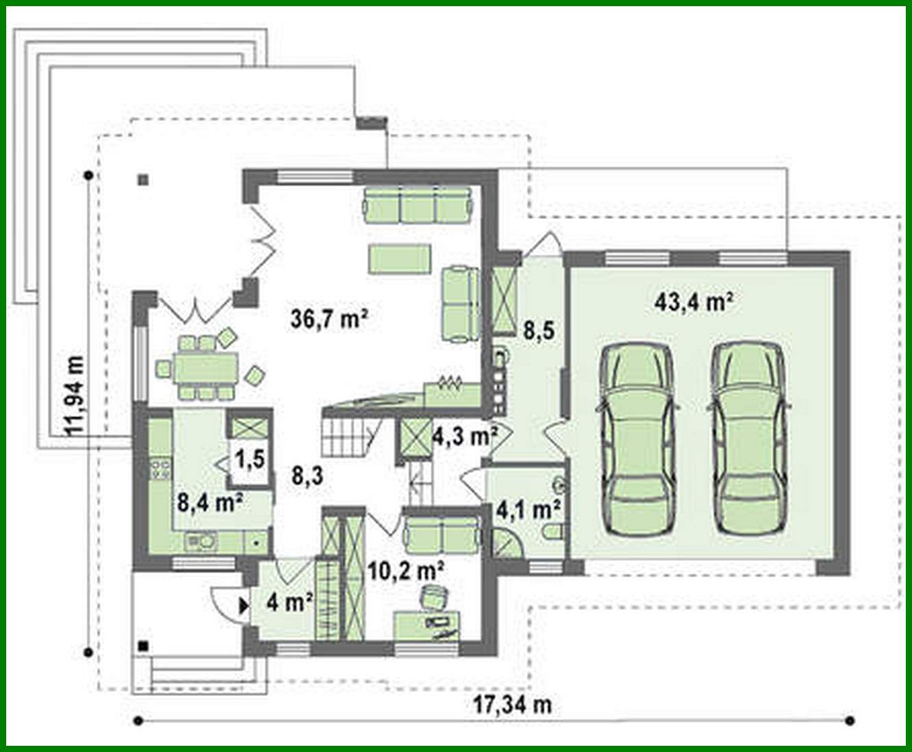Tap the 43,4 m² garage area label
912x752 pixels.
(x=694, y=302)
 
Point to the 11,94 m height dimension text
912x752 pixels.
(x=73, y=395)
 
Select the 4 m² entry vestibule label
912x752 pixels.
(x=290, y=603)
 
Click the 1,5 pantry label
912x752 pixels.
(x=250, y=459)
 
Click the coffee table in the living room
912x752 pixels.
(x=400, y=259)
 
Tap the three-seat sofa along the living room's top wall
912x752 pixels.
(x=417, y=205)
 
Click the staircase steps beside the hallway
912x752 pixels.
(x=346, y=439)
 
